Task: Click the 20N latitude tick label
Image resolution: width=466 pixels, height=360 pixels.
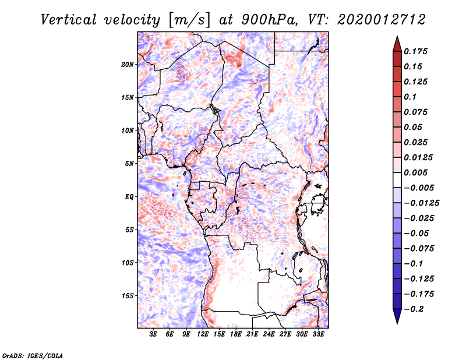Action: [x=128, y=64]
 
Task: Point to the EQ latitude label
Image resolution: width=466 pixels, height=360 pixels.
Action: [x=130, y=197]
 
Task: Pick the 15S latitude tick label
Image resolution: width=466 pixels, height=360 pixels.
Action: [x=128, y=296]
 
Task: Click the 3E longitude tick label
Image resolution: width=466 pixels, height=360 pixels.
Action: [x=154, y=334]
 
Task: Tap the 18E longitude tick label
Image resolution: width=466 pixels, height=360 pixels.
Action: [x=236, y=334]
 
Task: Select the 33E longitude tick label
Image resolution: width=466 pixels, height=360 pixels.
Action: [x=318, y=334]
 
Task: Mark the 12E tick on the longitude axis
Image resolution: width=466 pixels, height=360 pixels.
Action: [x=203, y=334]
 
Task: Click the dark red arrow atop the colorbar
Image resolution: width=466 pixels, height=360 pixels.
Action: [x=397, y=43]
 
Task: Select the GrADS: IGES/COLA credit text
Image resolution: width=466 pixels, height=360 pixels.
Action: [x=25, y=355]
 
